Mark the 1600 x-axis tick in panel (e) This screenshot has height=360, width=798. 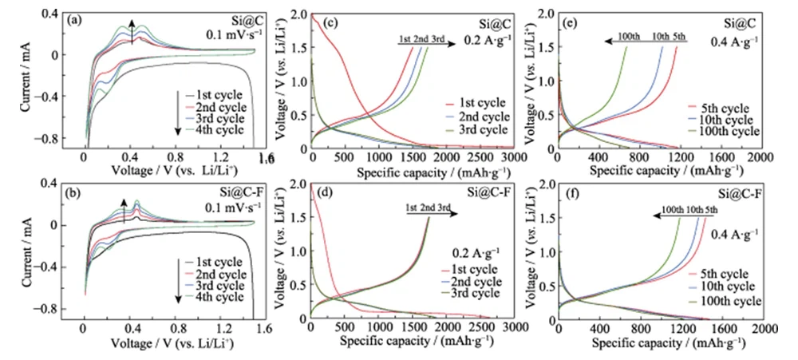pos(719,158)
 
